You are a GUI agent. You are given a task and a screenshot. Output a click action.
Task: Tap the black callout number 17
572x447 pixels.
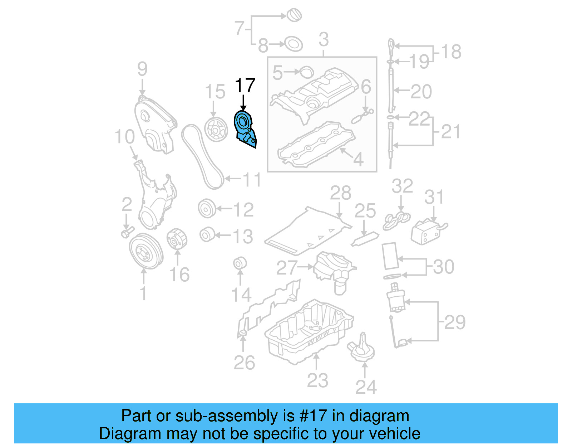pyautogui.click(x=245, y=86)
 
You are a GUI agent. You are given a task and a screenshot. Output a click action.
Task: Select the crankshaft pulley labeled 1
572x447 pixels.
pyautogui.click(x=146, y=251)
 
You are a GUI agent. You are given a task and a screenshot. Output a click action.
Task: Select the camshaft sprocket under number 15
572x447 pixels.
pyautogui.click(x=216, y=130)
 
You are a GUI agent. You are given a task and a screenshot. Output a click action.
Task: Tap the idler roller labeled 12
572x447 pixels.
pyautogui.click(x=207, y=209)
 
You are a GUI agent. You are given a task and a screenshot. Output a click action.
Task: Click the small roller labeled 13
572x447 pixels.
pyautogui.click(x=207, y=235)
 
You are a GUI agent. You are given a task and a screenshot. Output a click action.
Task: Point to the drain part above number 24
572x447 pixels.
pyautogui.click(x=361, y=349)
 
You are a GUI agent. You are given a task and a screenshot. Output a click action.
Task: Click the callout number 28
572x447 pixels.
pyautogui.click(x=340, y=193)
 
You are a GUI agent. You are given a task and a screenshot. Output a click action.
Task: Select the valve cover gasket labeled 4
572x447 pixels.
pyautogui.click(x=316, y=145)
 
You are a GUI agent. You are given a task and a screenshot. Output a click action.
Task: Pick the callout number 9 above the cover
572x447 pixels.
pyautogui.click(x=142, y=69)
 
